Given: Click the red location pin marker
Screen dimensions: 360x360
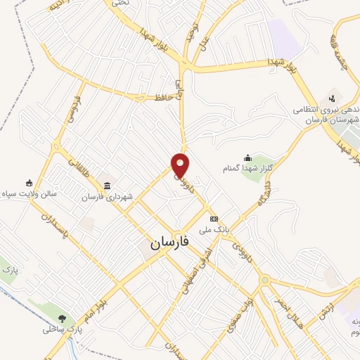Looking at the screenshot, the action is (181, 165).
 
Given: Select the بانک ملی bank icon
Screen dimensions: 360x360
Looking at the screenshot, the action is (214, 219).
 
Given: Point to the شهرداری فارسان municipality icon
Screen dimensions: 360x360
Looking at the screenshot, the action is (107, 186).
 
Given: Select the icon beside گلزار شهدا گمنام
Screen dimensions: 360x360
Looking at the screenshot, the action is (247, 157).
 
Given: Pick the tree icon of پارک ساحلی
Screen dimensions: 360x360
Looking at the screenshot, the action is (63, 318).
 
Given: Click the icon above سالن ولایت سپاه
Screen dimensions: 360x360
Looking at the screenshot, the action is (29, 182).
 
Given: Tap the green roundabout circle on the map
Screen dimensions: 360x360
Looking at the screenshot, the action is (264, 281).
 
